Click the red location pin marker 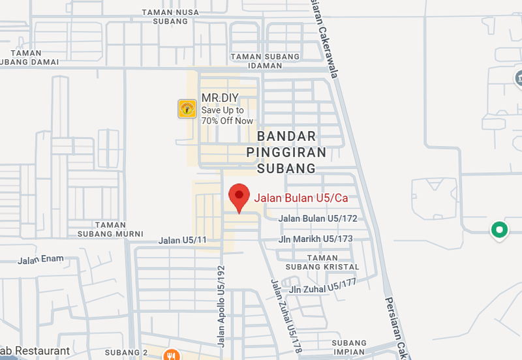point(239,196)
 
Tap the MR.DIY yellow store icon point(187,108)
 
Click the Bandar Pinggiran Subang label point(286,153)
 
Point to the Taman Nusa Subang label point(170,16)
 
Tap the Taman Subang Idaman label point(265,61)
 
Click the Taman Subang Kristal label point(322,262)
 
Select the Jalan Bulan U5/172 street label point(318,218)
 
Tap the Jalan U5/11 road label point(182,241)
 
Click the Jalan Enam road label point(40,260)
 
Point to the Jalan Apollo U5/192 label point(220,305)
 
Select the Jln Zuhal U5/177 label point(324,286)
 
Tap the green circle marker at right point(500,230)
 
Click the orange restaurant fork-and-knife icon point(172,355)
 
